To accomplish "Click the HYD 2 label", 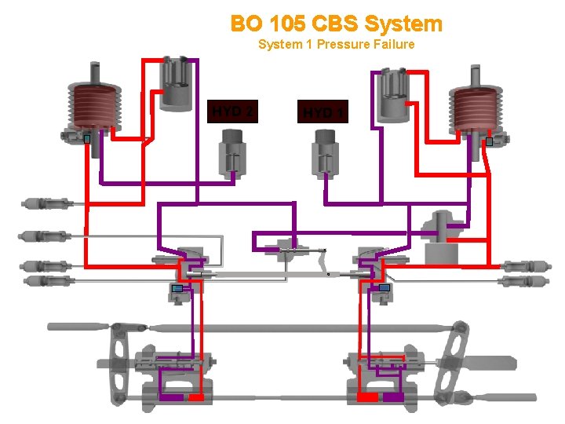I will pos(231,111).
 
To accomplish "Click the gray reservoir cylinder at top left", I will pos(177,83).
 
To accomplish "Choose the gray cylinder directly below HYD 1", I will pos(324,152).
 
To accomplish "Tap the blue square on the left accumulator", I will pos(87,139).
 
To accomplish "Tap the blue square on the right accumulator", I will pos(489,142).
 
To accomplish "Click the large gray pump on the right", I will pos(440,236).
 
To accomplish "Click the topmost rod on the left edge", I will pos(47,204).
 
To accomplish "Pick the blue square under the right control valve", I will pos(384,288).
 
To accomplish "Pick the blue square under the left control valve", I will pos(177,288).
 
